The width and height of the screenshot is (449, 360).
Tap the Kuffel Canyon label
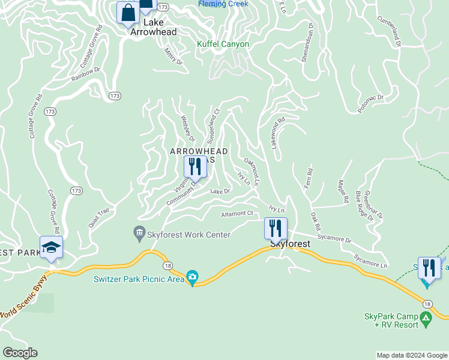(223, 44)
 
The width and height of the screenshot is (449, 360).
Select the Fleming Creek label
(223, 4)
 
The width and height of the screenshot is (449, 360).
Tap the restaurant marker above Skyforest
(276, 229)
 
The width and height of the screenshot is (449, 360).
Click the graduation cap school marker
(51, 248)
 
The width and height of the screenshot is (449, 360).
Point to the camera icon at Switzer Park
(192, 277)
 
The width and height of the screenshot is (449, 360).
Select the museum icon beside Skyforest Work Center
(139, 232)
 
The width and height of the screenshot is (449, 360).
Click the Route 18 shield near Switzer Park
(166, 265)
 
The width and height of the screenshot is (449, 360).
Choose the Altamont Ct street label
(237, 214)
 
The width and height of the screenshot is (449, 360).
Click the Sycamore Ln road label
(370, 260)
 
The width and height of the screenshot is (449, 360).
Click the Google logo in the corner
(20, 353)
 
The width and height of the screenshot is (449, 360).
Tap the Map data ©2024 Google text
(412, 355)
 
